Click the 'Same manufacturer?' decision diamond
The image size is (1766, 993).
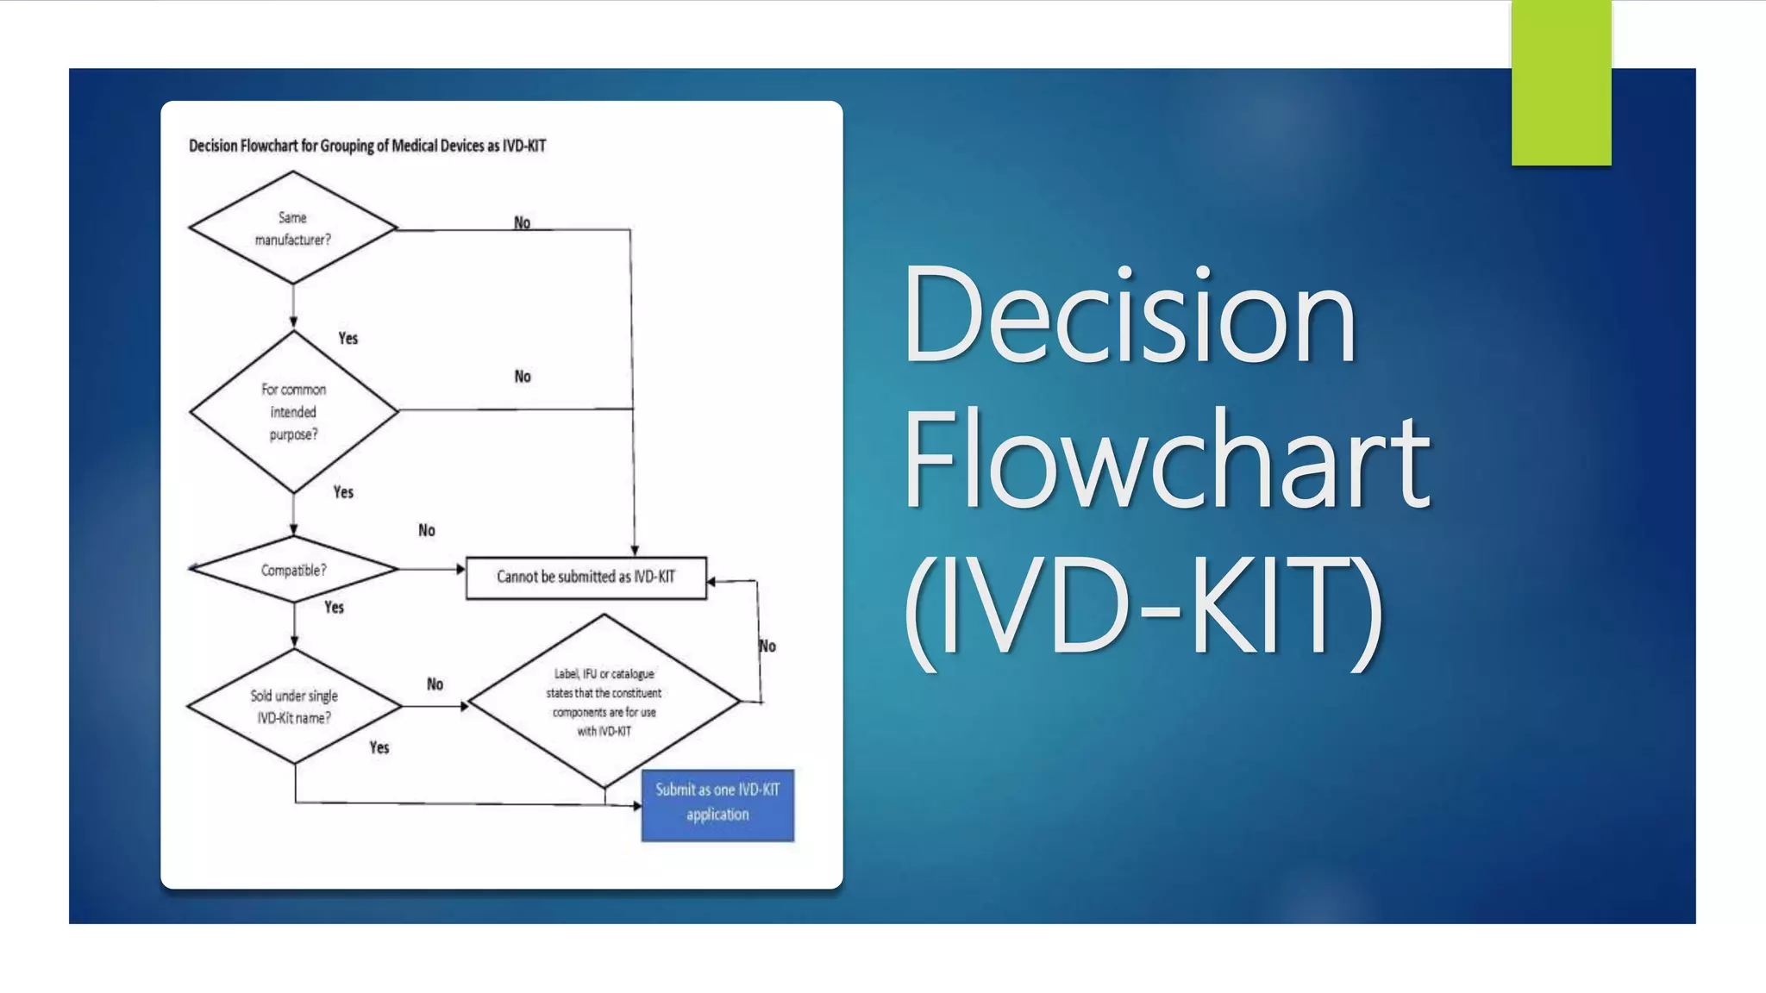(292, 228)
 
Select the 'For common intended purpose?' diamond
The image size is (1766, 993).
(293, 411)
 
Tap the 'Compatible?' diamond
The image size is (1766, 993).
(293, 570)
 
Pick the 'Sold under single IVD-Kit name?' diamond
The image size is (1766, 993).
(294, 706)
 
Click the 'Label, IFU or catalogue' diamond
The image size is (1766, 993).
(604, 702)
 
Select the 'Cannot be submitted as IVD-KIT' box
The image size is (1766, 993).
(586, 577)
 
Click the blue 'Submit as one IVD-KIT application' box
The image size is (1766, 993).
(717, 804)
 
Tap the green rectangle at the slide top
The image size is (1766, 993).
(1561, 82)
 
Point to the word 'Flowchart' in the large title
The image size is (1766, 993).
(1166, 461)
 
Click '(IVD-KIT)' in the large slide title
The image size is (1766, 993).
(1143, 608)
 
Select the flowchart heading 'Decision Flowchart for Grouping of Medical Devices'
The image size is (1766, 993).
(366, 146)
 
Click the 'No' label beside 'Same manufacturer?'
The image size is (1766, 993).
(522, 222)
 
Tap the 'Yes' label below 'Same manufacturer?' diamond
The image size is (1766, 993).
(348, 338)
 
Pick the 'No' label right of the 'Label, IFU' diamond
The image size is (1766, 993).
(767, 646)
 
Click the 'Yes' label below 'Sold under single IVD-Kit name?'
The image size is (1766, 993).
(379, 747)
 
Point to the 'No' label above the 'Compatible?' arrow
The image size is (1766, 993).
(427, 530)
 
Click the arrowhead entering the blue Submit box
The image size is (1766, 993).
(636, 806)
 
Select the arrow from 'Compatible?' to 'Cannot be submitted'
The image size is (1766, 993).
(431, 569)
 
